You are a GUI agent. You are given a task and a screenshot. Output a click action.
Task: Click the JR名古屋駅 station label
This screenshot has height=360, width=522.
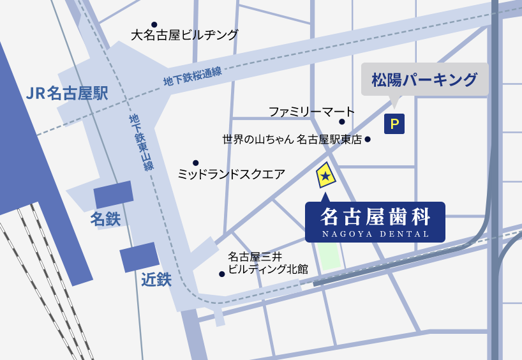coord(67,94)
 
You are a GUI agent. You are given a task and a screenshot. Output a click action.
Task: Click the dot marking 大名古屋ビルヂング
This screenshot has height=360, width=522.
coord(154,25)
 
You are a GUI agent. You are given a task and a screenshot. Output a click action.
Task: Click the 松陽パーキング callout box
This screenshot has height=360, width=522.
coord(424,80)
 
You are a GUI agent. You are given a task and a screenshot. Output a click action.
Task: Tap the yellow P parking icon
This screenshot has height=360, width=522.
coord(394,124)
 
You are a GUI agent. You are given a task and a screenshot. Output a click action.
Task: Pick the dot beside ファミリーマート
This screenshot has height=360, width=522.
coord(342,121)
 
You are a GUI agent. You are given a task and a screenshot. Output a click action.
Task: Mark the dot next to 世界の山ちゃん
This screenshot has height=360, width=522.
coord(368,139)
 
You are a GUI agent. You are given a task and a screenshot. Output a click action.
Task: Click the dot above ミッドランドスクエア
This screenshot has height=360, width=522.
coord(195,163)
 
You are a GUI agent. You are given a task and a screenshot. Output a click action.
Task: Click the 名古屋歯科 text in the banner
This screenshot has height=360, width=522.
coord(375,218)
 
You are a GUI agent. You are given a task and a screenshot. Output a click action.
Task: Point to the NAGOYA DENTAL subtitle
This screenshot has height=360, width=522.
coord(375,234)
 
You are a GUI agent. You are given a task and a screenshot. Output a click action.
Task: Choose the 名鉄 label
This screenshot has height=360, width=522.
coord(105,220)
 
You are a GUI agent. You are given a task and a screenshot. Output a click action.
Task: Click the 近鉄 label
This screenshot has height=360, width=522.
coord(156,279)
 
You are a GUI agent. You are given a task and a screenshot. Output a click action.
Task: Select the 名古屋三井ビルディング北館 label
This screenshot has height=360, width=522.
coord(267,264)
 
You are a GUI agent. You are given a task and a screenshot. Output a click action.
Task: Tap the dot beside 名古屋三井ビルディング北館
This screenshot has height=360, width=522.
coord(222,274)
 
